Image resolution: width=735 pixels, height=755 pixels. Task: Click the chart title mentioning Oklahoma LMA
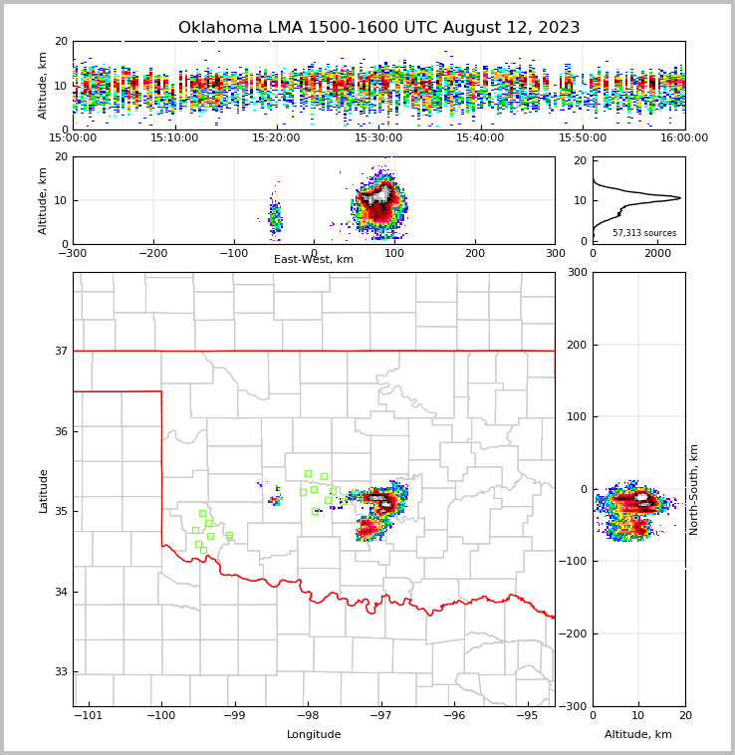[378, 28]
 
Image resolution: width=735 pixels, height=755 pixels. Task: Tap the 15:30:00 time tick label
[378, 137]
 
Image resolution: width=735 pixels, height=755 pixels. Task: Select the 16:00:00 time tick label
[684, 137]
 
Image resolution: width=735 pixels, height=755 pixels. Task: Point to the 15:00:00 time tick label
[74, 137]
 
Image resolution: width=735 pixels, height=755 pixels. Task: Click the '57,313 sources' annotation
[644, 233]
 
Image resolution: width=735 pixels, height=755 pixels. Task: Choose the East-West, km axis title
[314, 260]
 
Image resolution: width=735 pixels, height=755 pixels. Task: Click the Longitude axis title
[314, 735]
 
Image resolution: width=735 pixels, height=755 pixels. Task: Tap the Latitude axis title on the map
[44, 490]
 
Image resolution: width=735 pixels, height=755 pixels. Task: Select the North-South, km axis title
[694, 489]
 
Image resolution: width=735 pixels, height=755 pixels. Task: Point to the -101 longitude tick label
[89, 715]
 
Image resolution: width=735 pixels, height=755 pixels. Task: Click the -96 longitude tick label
[454, 715]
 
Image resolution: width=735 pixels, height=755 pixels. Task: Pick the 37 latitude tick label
[60, 351]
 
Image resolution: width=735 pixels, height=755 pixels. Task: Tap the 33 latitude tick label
[60, 672]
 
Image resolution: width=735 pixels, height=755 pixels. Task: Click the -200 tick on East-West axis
[152, 253]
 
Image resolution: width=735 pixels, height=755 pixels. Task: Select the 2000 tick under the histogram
[657, 253]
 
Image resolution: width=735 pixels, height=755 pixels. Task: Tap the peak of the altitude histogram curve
[680, 197]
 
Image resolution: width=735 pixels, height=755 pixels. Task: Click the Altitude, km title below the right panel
[638, 735]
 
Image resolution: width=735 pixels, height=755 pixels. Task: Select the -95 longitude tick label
[527, 715]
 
